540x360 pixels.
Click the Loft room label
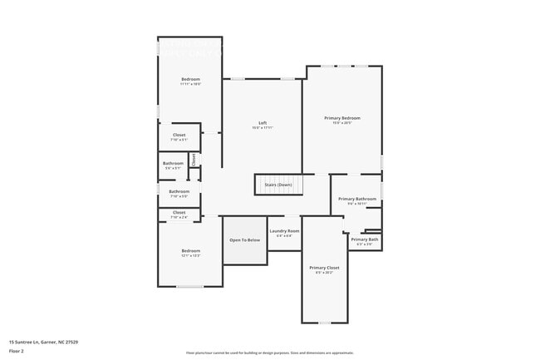pyautogui.click(x=263, y=123)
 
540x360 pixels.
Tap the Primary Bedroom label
pyautogui.click(x=342, y=118)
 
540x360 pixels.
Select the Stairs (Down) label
pyautogui.click(x=277, y=184)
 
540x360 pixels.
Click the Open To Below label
pyautogui.click(x=245, y=239)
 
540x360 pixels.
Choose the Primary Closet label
pyautogui.click(x=324, y=268)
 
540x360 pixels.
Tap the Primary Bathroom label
pyautogui.click(x=357, y=199)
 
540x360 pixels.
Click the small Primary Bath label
pyautogui.click(x=365, y=239)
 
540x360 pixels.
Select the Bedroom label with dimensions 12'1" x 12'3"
pyautogui.click(x=191, y=250)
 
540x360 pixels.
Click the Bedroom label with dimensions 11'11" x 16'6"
pyautogui.click(x=191, y=80)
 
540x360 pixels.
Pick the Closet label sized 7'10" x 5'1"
pyautogui.click(x=179, y=135)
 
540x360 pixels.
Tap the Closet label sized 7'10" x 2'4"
pyautogui.click(x=179, y=212)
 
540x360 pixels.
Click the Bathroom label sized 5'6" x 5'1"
pyautogui.click(x=173, y=163)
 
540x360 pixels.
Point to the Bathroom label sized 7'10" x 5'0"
pyautogui.click(x=179, y=191)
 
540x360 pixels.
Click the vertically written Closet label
pyautogui.click(x=194, y=159)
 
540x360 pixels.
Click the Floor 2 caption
pyautogui.click(x=17, y=351)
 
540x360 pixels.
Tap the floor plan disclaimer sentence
pyautogui.click(x=269, y=353)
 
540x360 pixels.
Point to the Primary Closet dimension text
pyautogui.click(x=324, y=273)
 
